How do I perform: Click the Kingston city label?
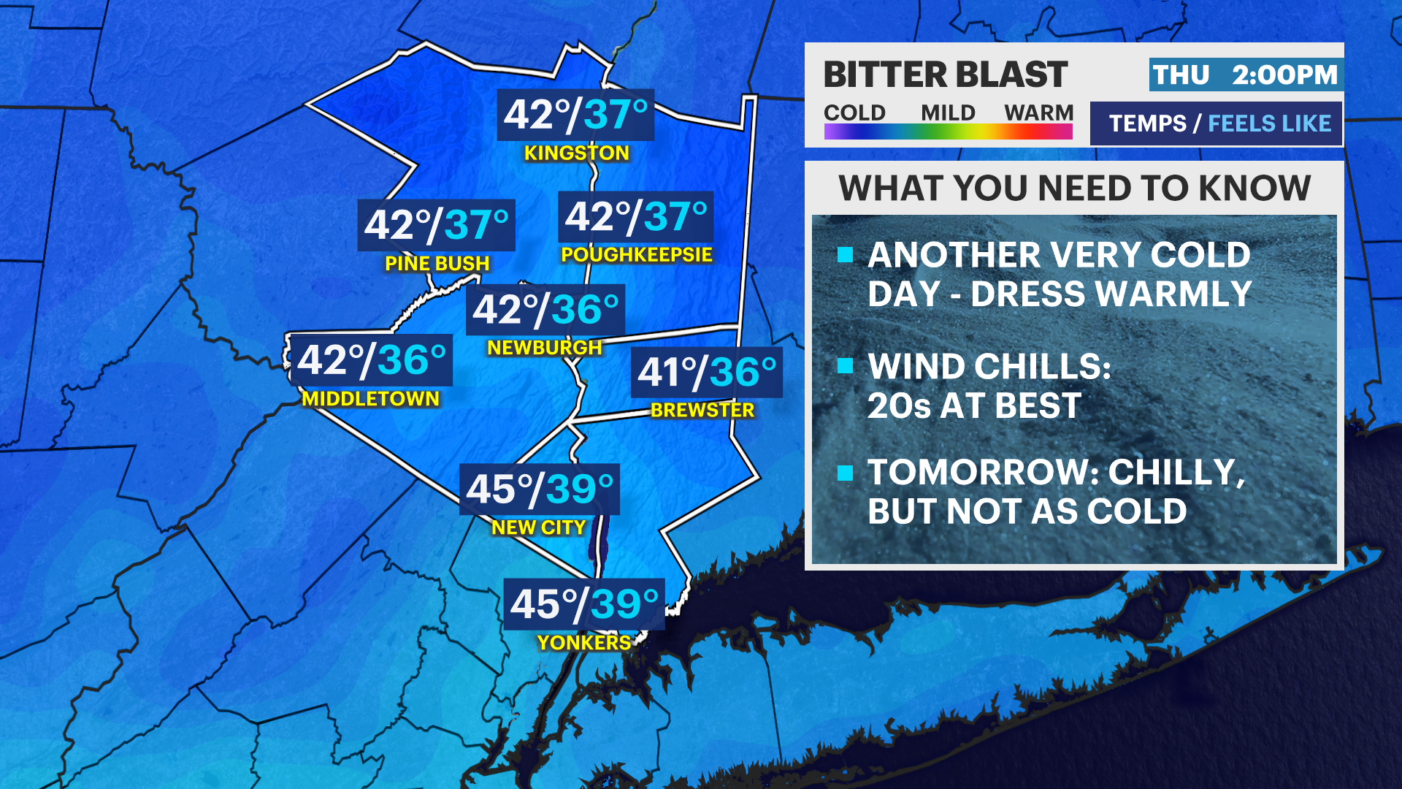click(576, 153)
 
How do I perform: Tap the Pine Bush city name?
click(437, 264)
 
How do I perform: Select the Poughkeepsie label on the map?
click(636, 255)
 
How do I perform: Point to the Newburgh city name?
click(544, 348)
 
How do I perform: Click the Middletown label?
click(370, 399)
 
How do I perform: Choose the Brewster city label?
click(702, 411)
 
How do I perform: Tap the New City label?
click(538, 527)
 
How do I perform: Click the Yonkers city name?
click(583, 643)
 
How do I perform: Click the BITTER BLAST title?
click(946, 75)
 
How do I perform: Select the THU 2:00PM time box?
click(1246, 75)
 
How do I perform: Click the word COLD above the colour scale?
click(854, 113)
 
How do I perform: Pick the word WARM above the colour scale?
click(1038, 113)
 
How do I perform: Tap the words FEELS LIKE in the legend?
click(1269, 123)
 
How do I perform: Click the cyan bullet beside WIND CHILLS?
click(846, 366)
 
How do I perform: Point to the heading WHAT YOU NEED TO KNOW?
click(1074, 188)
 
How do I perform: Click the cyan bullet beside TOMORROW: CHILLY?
click(846, 473)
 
